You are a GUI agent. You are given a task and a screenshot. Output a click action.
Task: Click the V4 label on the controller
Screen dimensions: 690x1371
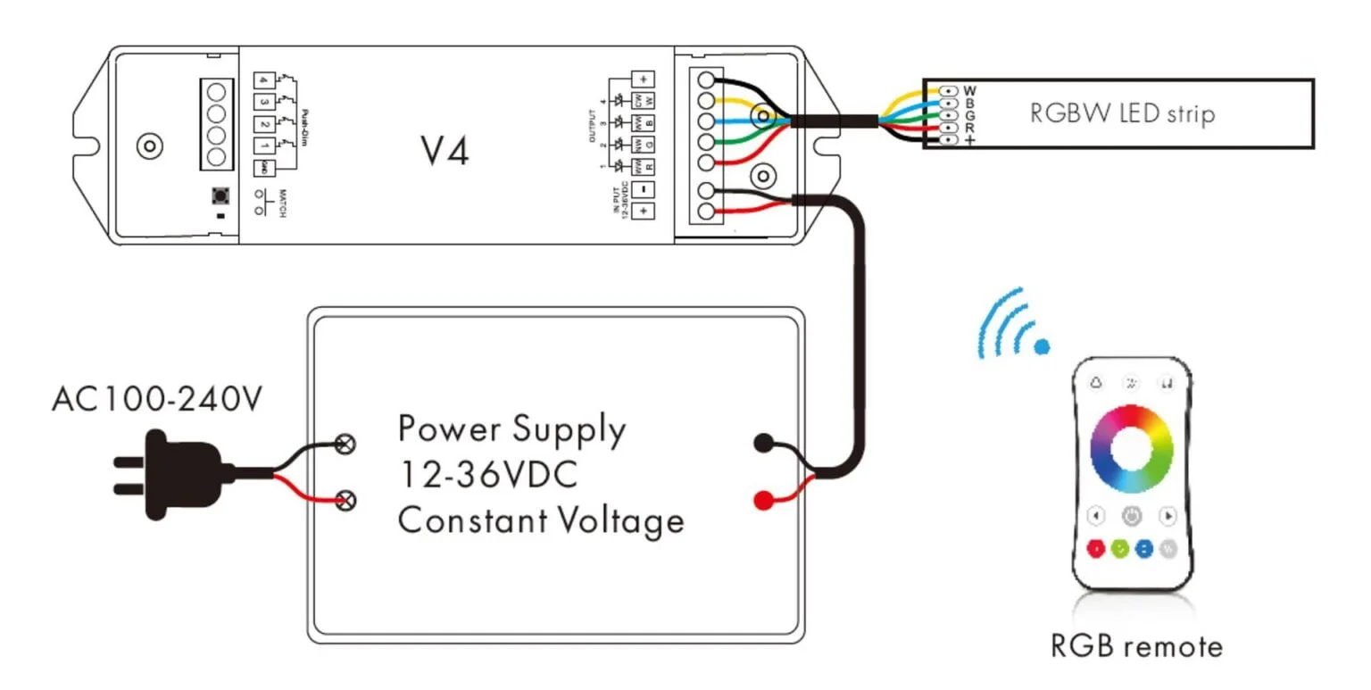[x=445, y=152]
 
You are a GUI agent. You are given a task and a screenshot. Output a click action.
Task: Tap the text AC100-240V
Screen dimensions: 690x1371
[x=157, y=399]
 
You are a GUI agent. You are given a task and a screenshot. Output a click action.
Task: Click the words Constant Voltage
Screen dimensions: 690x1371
[x=541, y=520]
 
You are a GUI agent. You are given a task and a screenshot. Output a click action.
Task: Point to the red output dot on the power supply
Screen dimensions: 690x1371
[x=762, y=501]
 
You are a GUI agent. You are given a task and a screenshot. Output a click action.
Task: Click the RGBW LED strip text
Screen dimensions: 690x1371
[x=1121, y=114]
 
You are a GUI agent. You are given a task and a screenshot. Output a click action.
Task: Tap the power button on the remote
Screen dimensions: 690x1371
[x=1132, y=516]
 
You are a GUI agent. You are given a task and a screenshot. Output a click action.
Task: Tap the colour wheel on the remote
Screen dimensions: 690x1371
[x=1132, y=449]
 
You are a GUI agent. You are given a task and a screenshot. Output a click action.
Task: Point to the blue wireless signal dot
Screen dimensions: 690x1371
[x=1042, y=346]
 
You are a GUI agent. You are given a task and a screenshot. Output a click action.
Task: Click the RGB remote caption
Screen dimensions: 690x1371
[x=1135, y=645]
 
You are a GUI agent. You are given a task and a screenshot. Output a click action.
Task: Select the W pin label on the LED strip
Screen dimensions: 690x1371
[x=970, y=90]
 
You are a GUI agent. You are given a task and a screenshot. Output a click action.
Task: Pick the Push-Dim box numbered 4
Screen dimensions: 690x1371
[x=263, y=79]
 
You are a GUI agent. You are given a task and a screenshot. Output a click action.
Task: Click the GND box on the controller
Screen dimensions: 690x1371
[x=263, y=168]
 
